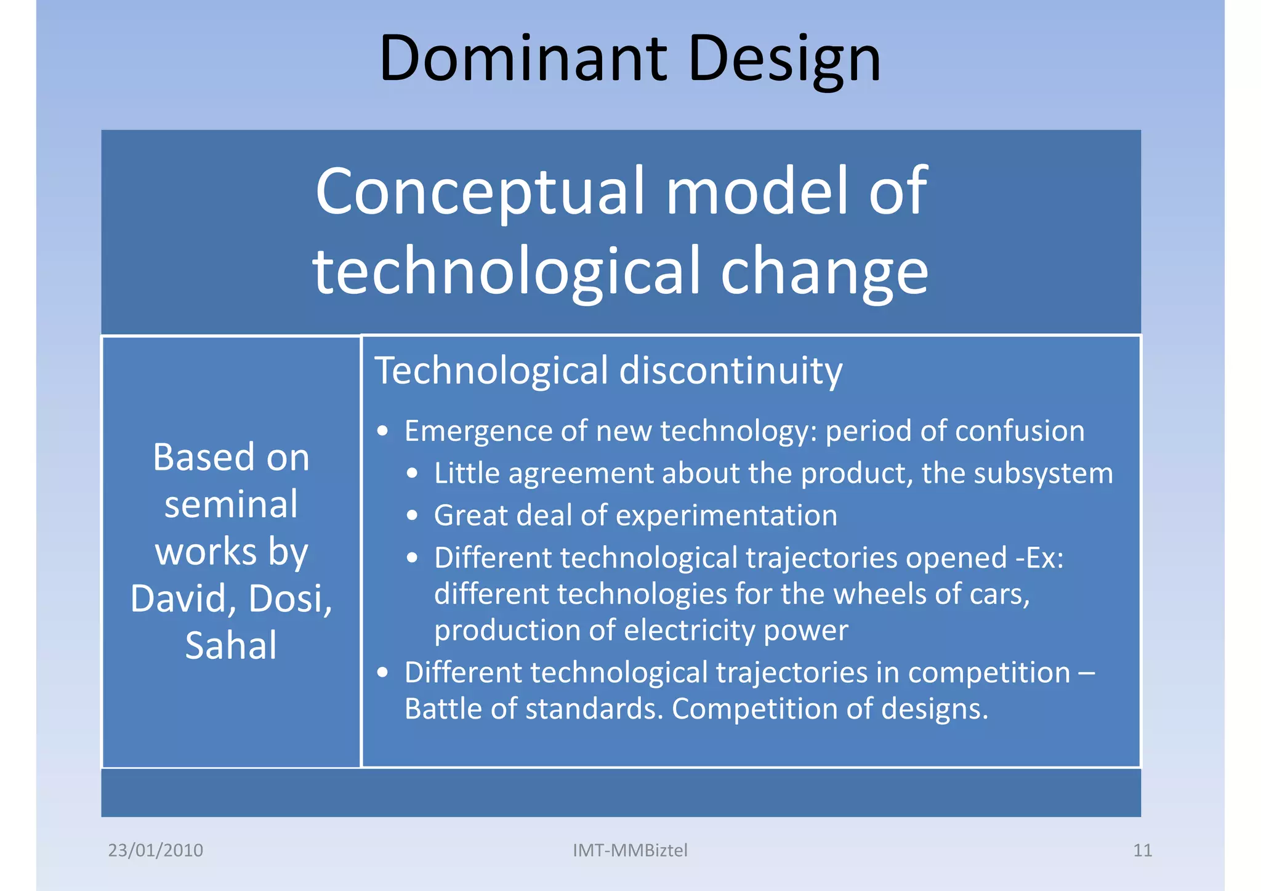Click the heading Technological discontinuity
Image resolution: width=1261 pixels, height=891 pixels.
coord(608,371)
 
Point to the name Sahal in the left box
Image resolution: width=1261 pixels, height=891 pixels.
coord(231,645)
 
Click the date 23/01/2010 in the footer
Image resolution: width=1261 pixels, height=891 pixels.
coord(155,850)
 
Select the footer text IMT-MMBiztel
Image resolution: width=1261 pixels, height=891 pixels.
coord(630,850)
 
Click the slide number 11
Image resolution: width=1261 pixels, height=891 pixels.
coord(1142,850)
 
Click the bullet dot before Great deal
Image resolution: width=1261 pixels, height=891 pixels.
coord(413,516)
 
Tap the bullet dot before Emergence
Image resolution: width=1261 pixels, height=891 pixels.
coord(383,432)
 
